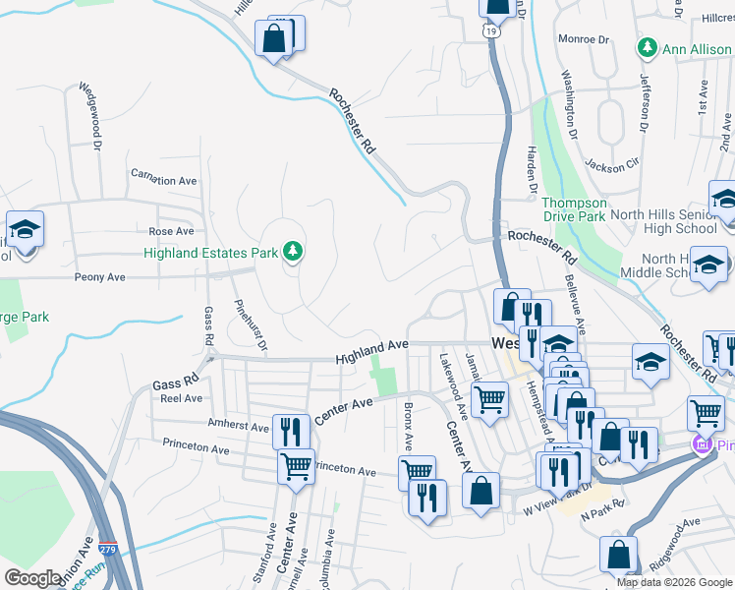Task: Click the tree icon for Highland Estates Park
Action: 292,253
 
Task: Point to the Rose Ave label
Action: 171,232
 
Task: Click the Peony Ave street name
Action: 100,278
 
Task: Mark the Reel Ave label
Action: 181,398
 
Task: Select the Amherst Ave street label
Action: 238,427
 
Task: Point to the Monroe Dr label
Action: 584,39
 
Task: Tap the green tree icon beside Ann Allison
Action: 647,47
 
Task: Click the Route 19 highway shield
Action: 490,31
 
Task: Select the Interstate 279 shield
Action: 109,550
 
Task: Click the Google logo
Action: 33,578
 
